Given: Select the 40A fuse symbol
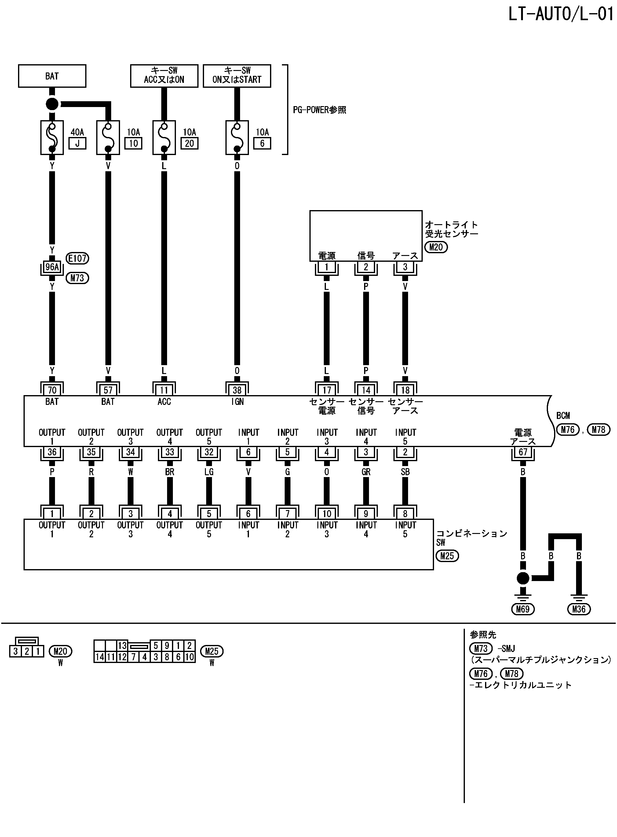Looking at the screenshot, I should pyautogui.click(x=52, y=137).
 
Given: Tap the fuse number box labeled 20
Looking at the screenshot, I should pyautogui.click(x=189, y=143).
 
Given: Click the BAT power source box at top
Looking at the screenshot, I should pyautogui.click(x=52, y=76).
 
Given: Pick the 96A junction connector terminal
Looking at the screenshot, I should pyautogui.click(x=52, y=267).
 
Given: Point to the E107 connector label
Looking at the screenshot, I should pyautogui.click(x=77, y=258).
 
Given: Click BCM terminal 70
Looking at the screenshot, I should pyautogui.click(x=52, y=390).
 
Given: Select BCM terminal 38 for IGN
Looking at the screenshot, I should pyautogui.click(x=237, y=390).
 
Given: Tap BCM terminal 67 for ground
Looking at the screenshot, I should pyautogui.click(x=523, y=452).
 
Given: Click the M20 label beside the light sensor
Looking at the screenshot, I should pyautogui.click(x=436, y=247).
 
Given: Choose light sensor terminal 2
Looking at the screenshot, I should pyautogui.click(x=366, y=267).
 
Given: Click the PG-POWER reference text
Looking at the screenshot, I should pyautogui.click(x=319, y=110).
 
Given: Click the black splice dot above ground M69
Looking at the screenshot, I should pyautogui.click(x=523, y=578).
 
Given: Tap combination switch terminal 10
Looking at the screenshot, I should pyautogui.click(x=327, y=514).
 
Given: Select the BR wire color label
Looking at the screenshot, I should pyautogui.click(x=170, y=472).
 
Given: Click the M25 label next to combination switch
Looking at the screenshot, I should pyautogui.click(x=447, y=556).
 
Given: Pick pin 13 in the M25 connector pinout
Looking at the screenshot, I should pyautogui.click(x=122, y=646).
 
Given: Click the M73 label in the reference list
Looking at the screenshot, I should pyautogui.click(x=481, y=649).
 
